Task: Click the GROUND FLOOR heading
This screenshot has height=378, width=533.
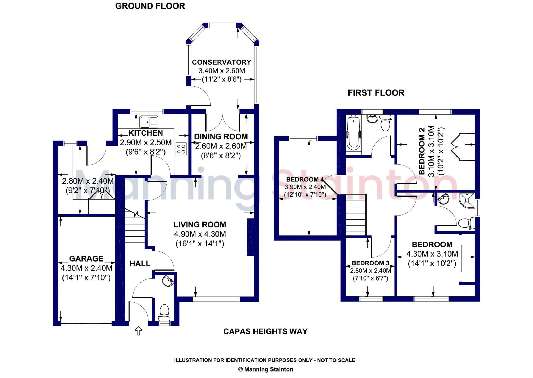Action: coord(150,6)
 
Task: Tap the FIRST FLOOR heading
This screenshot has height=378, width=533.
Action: coord(376,93)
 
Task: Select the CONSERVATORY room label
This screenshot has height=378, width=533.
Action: coord(221,62)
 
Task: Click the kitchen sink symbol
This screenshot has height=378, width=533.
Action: coord(149,121)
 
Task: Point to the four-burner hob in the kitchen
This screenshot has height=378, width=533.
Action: coord(181,149)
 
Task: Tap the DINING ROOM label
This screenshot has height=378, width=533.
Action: coord(221,136)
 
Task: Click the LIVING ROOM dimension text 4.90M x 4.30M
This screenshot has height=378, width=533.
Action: coord(200,234)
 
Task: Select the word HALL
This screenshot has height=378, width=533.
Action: coord(140,264)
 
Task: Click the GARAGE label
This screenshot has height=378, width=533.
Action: coord(86,258)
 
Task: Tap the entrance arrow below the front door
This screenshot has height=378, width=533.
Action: coord(138,331)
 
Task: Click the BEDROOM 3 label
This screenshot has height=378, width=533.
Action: coord(370,263)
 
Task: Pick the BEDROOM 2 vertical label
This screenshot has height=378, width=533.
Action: coord(422,151)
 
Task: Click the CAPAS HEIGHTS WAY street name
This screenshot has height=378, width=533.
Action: coord(265,331)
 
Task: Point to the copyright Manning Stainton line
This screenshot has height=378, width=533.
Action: coord(265,369)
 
